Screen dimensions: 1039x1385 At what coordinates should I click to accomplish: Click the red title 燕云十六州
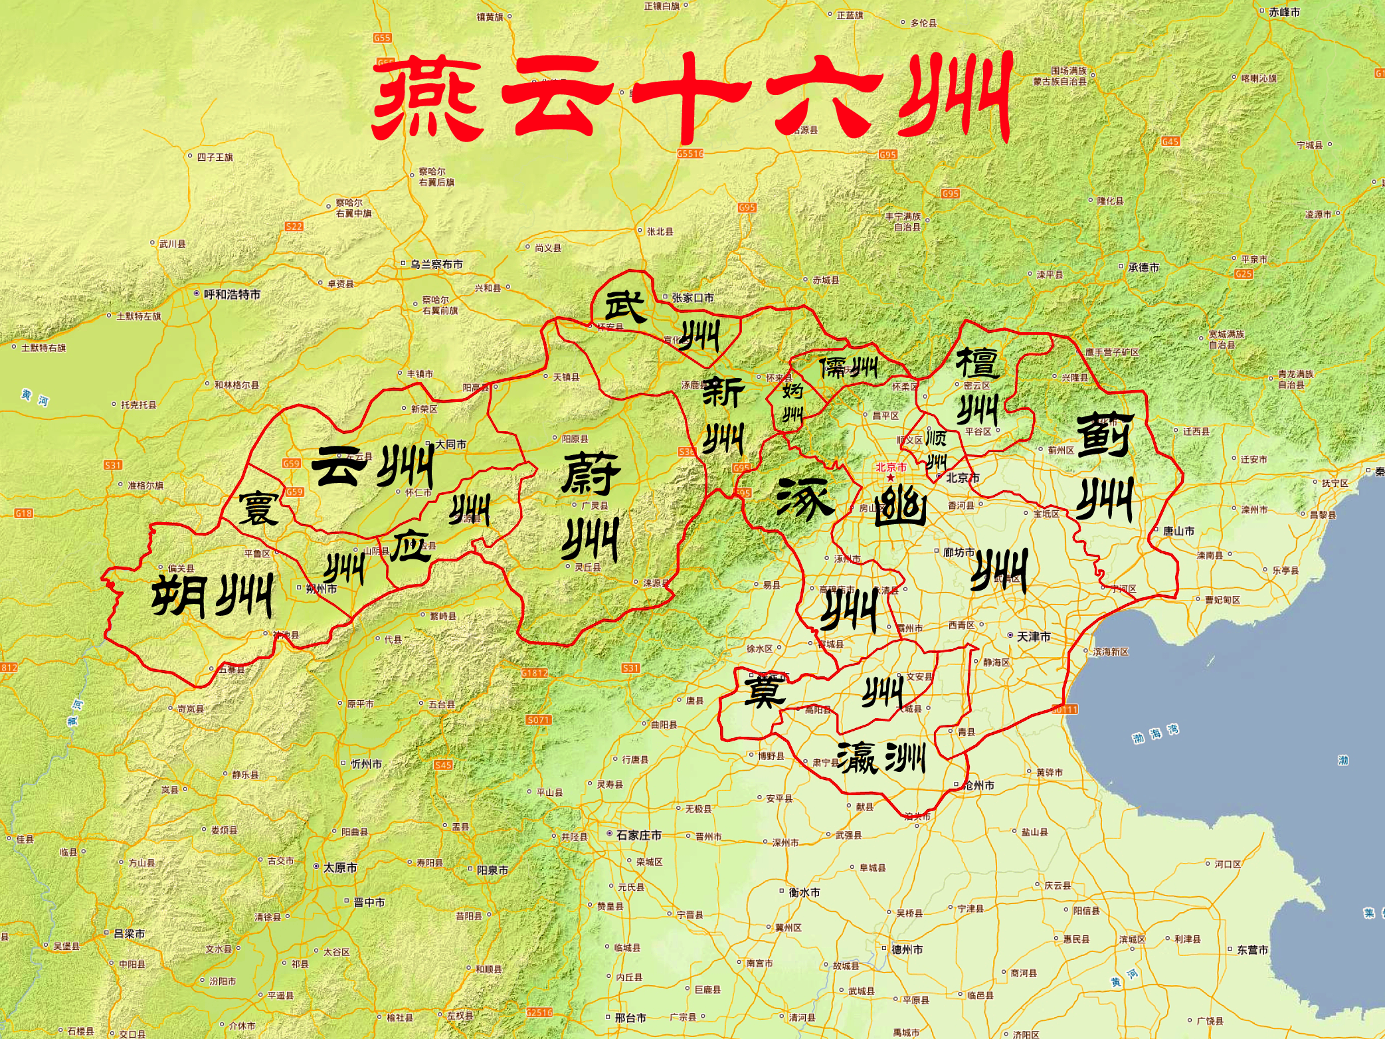click(x=691, y=98)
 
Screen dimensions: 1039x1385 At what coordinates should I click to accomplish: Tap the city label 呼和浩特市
click(x=232, y=294)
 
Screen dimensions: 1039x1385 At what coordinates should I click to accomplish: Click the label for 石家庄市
click(x=638, y=835)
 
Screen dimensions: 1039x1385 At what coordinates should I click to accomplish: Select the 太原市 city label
click(x=339, y=868)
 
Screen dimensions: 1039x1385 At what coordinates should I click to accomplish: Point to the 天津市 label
click(x=1033, y=636)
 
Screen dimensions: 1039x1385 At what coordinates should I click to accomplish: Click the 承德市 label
click(x=1143, y=268)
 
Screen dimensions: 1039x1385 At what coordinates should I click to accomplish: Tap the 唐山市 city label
click(x=1178, y=531)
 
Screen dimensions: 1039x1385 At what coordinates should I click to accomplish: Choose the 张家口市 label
click(x=692, y=298)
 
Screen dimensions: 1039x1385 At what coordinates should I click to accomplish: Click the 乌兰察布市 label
click(x=436, y=264)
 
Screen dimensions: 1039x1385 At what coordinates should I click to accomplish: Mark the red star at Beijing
click(x=890, y=478)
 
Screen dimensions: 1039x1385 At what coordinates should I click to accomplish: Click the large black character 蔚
click(x=591, y=474)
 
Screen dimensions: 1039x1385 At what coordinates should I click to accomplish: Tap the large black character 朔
click(x=177, y=596)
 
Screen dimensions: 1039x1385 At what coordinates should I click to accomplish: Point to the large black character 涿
click(x=804, y=498)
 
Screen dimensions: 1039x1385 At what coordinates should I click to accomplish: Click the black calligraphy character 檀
click(x=976, y=363)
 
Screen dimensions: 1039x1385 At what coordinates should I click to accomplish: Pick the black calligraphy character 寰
click(x=258, y=508)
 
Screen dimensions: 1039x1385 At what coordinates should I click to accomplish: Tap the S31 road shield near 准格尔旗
click(x=113, y=465)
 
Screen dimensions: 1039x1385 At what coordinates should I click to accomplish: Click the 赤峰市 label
click(x=1283, y=12)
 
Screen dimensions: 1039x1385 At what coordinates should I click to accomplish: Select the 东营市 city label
click(x=1251, y=950)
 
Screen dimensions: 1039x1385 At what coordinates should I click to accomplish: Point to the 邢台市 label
click(x=630, y=1018)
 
